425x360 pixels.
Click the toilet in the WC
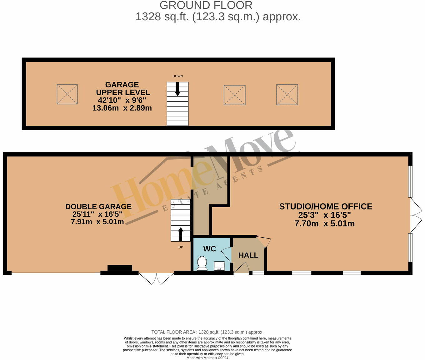[202, 263]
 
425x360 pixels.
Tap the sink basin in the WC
[219, 266]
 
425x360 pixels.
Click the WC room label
[209, 249]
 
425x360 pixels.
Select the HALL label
[248, 255]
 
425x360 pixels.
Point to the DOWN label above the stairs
[177, 76]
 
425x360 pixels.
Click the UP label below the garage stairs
[181, 247]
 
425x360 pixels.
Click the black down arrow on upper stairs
[177, 89]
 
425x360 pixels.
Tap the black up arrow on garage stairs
[181, 234]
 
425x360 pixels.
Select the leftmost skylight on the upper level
[67, 94]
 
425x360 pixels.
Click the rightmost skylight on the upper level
[287, 95]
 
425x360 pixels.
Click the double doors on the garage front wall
[156, 278]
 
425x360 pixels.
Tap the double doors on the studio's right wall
[416, 215]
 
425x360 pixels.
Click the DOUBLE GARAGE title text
[98, 207]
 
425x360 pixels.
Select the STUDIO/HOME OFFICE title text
[325, 207]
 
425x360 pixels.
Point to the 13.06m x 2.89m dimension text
[122, 108]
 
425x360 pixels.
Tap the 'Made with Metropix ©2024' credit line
[207, 358]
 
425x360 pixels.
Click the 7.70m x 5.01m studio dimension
[324, 224]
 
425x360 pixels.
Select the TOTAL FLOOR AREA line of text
[207, 332]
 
